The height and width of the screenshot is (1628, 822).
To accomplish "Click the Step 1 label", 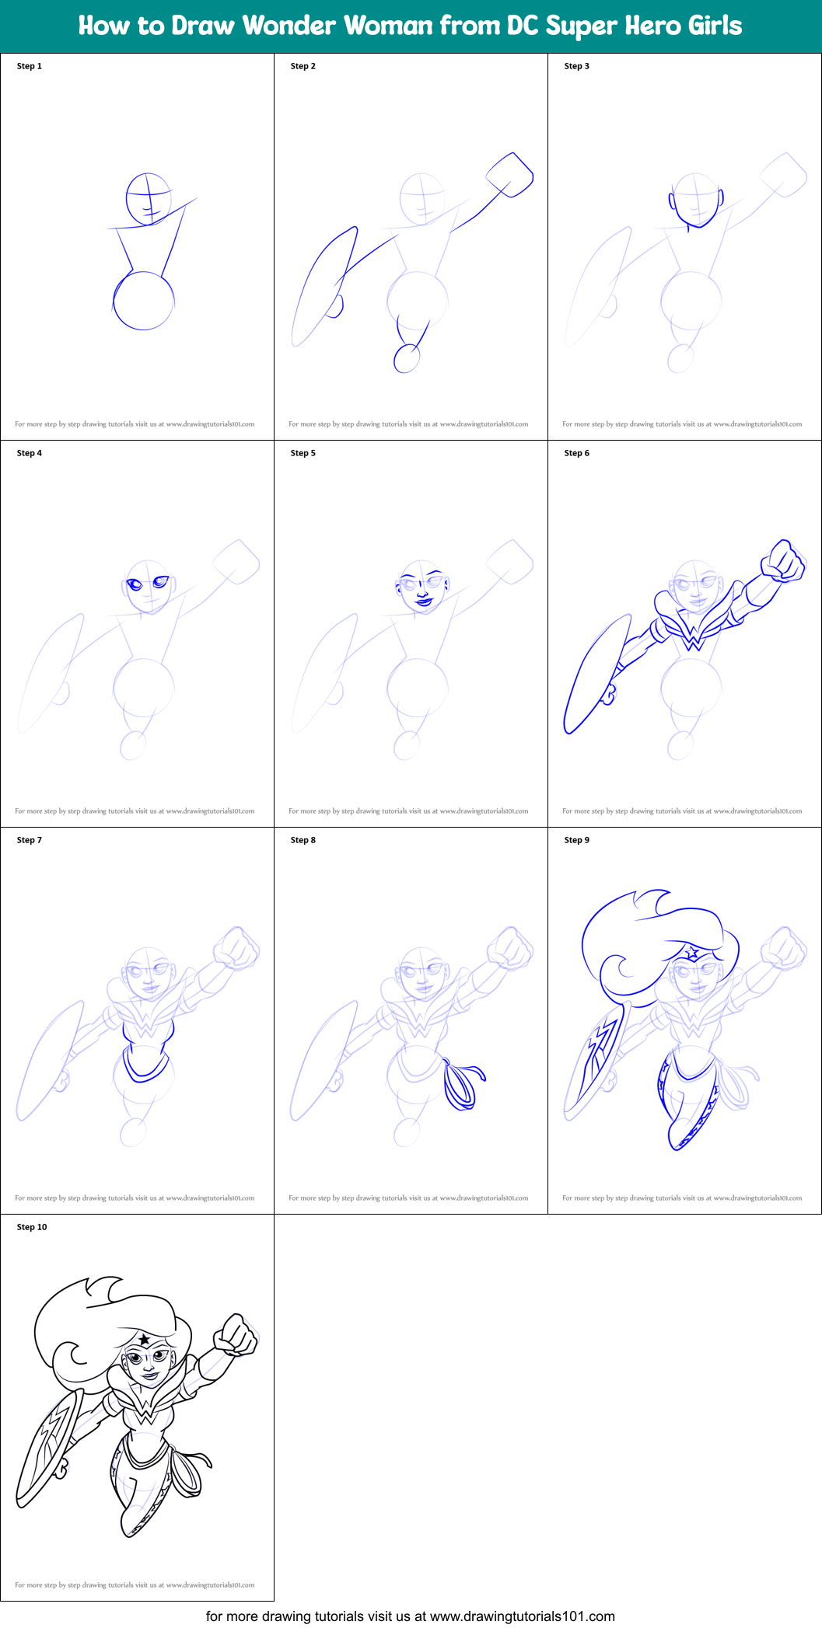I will pyautogui.click(x=30, y=66).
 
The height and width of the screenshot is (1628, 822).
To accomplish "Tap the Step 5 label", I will pyautogui.click(x=303, y=453).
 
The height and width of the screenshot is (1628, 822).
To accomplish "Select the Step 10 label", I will pyautogui.click(x=32, y=1227).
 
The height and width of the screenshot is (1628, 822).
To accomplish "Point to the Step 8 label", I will pyautogui.click(x=303, y=840).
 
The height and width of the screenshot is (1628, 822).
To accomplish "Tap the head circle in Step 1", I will pyautogui.click(x=149, y=199).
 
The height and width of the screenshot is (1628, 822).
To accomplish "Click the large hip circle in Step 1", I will pyautogui.click(x=144, y=301).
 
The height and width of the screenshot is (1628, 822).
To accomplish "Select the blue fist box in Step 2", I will pyautogui.click(x=510, y=175).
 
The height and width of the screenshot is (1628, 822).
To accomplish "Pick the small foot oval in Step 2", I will pyautogui.click(x=407, y=358).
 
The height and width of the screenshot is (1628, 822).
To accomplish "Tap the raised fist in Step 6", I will pyautogui.click(x=783, y=560).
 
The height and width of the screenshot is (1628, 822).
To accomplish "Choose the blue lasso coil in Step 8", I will pyautogui.click(x=460, y=1085).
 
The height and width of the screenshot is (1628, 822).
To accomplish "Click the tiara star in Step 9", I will pyautogui.click(x=691, y=950).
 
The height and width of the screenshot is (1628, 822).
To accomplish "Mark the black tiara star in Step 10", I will pyautogui.click(x=145, y=1338).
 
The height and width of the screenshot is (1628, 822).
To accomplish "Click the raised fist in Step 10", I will pyautogui.click(x=236, y=1336).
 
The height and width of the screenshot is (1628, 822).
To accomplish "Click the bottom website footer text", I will pyautogui.click(x=410, y=1616).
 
